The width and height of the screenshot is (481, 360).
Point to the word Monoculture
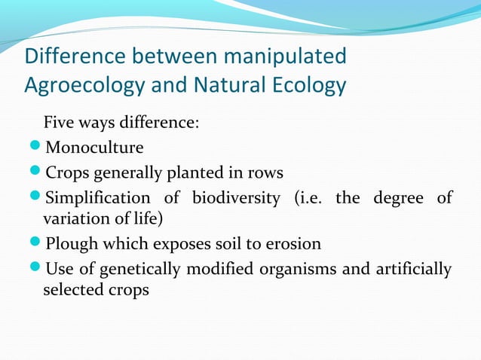pyautogui.click(x=94, y=147)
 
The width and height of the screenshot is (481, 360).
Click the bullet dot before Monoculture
pyautogui.click(x=35, y=147)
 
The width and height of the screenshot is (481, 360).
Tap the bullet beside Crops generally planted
pyautogui.click(x=35, y=172)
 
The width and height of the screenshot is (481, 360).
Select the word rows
pyautogui.click(x=265, y=172)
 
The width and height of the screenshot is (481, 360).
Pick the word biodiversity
pyautogui.click(x=238, y=198)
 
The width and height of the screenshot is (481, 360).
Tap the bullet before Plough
pyautogui.click(x=35, y=244)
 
